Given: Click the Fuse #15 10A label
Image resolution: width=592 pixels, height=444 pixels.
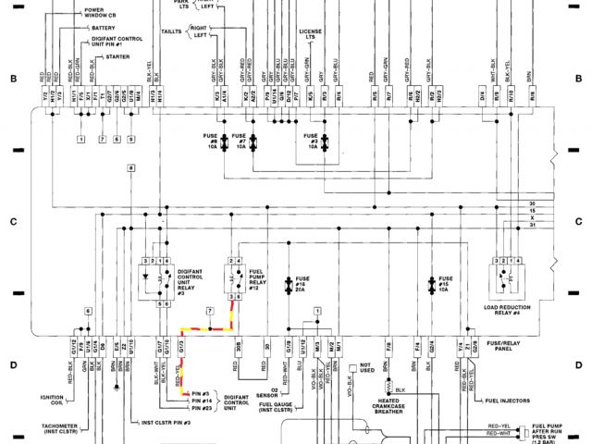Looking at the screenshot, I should (445, 283).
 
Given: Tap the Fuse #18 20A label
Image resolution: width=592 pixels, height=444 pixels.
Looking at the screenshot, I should (301, 283).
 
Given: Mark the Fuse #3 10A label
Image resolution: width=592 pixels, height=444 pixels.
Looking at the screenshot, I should (312, 141).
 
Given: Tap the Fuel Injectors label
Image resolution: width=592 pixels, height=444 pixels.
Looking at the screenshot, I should (503, 401).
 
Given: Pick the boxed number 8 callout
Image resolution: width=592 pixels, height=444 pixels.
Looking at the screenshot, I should (131, 167).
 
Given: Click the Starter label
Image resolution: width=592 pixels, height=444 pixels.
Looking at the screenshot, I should (117, 56).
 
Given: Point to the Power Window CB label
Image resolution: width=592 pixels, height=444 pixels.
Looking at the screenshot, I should (100, 12).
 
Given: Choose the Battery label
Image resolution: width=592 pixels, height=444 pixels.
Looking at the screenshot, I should (103, 28).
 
